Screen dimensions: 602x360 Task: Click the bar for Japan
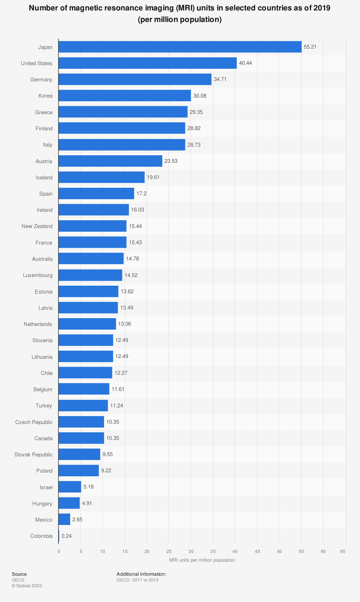180,47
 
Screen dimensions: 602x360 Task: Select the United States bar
148,63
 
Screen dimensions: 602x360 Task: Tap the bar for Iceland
102,177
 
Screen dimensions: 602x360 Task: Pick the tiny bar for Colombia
59,536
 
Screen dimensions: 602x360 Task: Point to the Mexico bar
64,519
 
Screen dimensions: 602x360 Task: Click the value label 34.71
220,79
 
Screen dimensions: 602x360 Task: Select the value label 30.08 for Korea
200,96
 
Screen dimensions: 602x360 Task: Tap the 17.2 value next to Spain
141,193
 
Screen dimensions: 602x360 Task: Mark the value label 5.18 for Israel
89,487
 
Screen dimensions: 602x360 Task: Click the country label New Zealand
37,226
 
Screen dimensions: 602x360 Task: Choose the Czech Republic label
34,422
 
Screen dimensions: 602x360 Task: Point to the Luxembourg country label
38,275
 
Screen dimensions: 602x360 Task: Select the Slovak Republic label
33,455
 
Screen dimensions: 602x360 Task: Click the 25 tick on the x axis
169,552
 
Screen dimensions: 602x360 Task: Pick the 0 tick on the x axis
59,552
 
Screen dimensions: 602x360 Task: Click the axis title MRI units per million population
202,560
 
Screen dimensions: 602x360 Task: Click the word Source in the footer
19,574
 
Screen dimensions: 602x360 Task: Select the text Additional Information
141,574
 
